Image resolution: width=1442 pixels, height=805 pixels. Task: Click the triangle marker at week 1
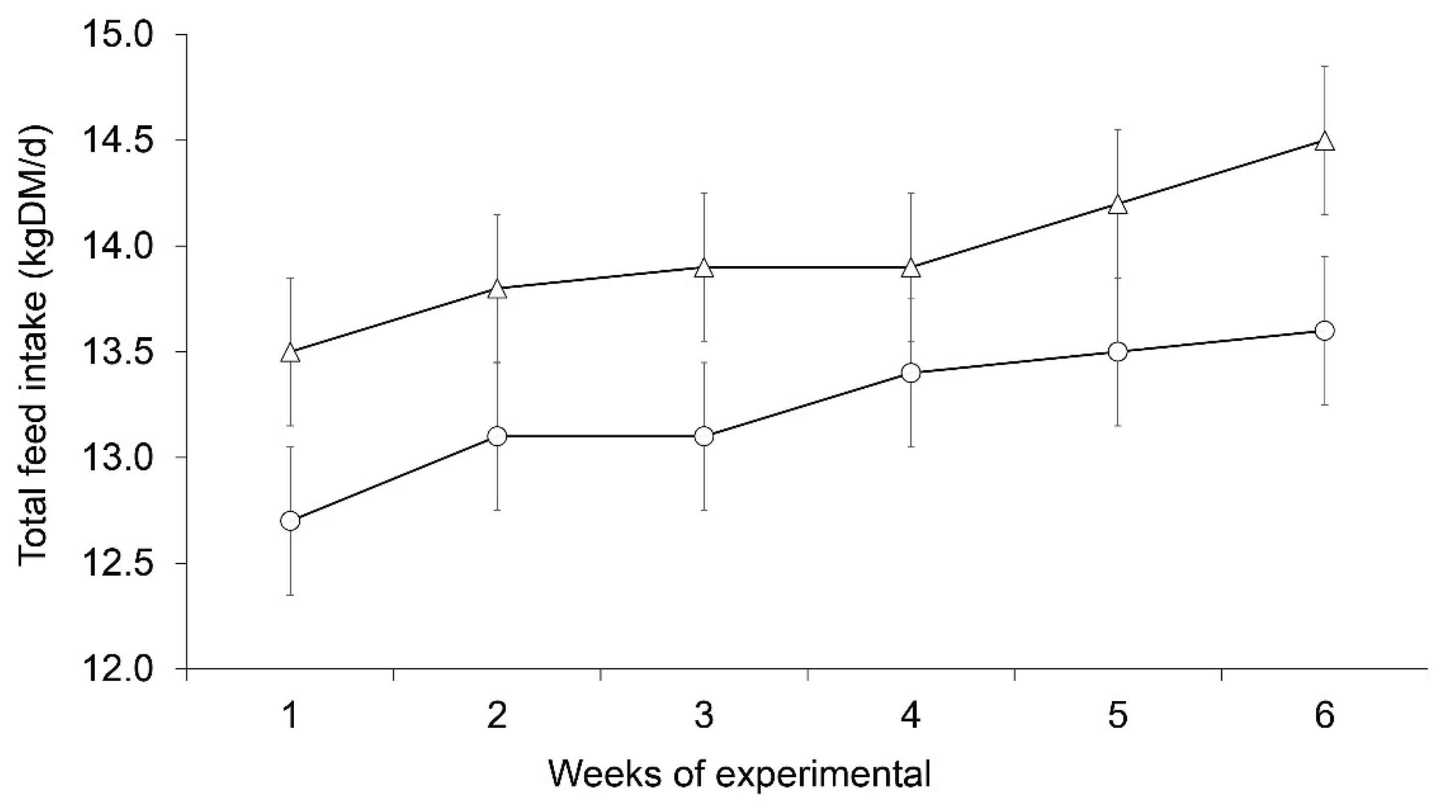pos(290,353)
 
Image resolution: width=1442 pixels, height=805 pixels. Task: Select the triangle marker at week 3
pos(705,269)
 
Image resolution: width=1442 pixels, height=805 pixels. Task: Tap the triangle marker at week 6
pos(1325,142)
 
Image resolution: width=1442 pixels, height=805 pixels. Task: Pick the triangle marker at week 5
pos(1118,205)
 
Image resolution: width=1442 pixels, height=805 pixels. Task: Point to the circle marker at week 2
pos(497,436)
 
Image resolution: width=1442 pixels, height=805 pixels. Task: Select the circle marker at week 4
pos(911,373)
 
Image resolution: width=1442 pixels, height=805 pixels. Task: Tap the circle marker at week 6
pos(1325,330)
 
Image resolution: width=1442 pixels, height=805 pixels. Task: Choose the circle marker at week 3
pos(705,436)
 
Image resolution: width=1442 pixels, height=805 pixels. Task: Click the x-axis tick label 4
pos(911,716)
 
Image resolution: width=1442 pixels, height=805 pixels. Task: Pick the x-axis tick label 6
pos(1325,716)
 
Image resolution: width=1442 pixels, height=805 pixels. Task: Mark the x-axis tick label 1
pos(290,716)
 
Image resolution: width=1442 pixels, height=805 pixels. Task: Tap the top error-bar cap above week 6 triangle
pos(1325,66)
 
